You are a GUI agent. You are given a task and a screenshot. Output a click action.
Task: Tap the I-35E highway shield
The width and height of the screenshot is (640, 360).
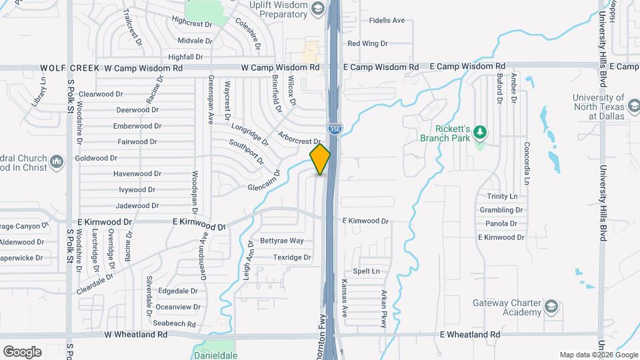[335, 130]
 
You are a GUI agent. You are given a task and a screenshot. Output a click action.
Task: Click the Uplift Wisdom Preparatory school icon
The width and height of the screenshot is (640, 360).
[317, 9]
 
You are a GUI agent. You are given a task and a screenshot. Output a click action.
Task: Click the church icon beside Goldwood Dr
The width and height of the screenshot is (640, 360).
[57, 162]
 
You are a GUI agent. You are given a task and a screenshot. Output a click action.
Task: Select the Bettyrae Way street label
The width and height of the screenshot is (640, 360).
[281, 241]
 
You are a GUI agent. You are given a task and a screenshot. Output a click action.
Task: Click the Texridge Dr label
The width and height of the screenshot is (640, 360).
[292, 257]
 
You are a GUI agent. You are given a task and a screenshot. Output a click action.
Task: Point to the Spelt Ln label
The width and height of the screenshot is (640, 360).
[366, 271]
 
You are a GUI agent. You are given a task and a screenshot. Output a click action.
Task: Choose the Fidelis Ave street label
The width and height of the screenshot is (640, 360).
[387, 21]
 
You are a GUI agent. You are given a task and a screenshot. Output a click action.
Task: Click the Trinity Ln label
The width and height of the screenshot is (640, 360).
[502, 197]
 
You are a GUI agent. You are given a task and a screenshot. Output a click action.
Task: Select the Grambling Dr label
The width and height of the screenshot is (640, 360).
[501, 210]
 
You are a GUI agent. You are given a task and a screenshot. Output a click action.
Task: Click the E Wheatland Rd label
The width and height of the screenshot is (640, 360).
[470, 335]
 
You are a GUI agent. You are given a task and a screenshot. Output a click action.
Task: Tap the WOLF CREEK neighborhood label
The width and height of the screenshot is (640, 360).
[69, 68]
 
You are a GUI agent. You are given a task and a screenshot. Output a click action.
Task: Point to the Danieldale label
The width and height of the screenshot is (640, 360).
[215, 355]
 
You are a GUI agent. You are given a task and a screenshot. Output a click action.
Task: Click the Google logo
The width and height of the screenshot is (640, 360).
[22, 351]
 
